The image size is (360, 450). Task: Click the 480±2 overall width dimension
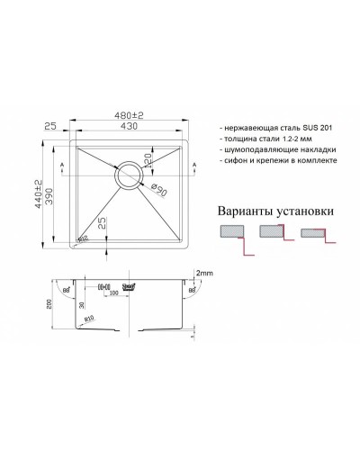pos(134,122)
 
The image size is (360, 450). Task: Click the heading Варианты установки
pos(277,211)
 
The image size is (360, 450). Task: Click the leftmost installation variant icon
pos(233,234)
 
